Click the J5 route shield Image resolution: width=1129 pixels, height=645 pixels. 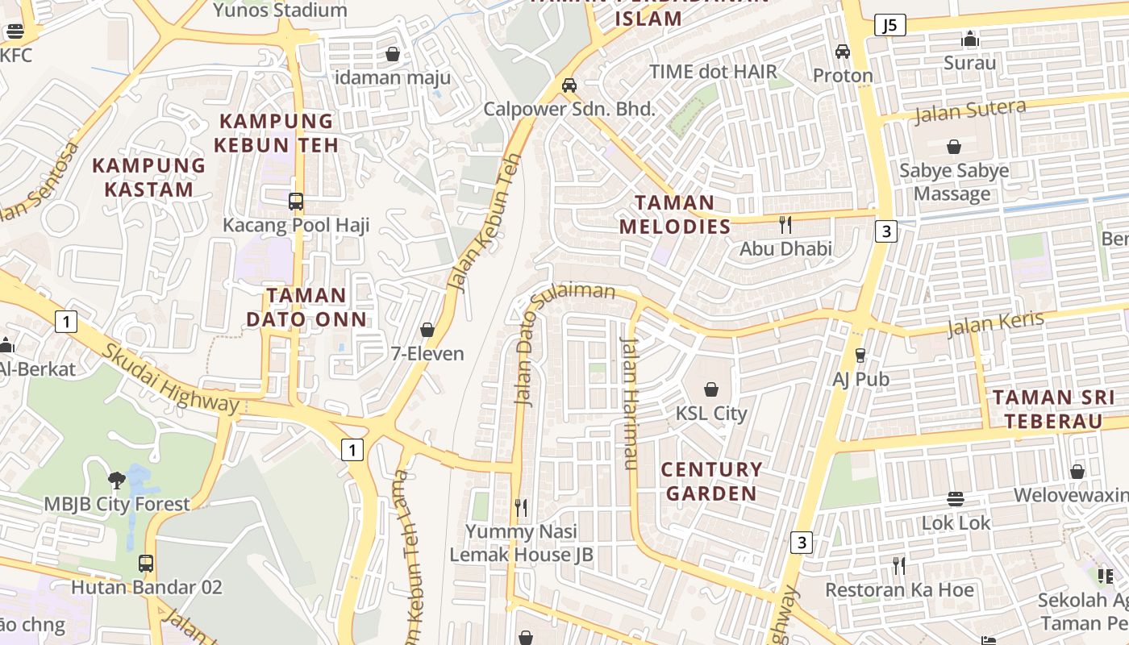coord(889,25)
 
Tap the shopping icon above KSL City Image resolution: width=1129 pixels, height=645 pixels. coord(711,390)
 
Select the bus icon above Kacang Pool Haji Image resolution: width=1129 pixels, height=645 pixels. coord(296,201)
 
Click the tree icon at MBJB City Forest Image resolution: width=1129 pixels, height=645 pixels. coord(117,481)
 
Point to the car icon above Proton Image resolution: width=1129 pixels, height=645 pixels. coord(843,52)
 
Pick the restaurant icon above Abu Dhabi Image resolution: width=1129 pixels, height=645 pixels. coord(785,225)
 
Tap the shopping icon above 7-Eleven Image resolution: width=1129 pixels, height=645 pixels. coord(427,330)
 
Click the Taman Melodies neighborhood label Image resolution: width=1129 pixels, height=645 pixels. coord(674,214)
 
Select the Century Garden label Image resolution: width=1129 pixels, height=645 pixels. coord(710,481)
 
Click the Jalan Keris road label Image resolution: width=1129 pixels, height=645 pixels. coord(995,323)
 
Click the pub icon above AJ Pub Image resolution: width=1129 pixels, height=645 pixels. coord(860,355)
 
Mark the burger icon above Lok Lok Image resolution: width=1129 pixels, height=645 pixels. coord(956,499)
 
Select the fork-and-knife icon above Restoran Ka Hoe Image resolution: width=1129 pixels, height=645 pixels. coord(899,565)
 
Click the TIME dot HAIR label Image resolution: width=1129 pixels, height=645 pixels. coord(713,72)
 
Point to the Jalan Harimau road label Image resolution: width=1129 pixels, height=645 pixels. coord(629,402)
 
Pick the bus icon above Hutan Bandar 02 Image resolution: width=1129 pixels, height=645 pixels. coord(146,563)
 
